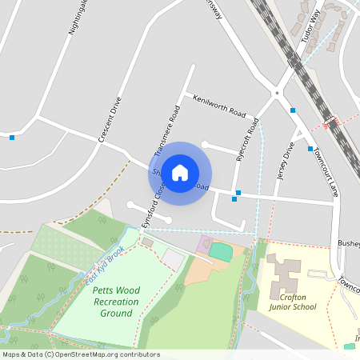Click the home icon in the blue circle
pyautogui.click(x=180, y=172)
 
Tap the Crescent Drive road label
pyautogui.click(x=109, y=120)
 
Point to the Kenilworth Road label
pyautogui.click(x=218, y=105)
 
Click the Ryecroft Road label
pyautogui.click(x=248, y=140)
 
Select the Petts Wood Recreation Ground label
pyautogui.click(x=116, y=302)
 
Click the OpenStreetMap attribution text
pyautogui.click(x=80, y=354)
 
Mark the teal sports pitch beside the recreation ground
pyautogui.click(x=221, y=251)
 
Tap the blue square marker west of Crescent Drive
pyautogui.click(x=12, y=138)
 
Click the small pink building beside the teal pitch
pyautogui.click(x=203, y=243)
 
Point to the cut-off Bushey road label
pyautogui.click(x=349, y=242)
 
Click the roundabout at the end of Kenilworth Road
pyautogui.click(x=277, y=94)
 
